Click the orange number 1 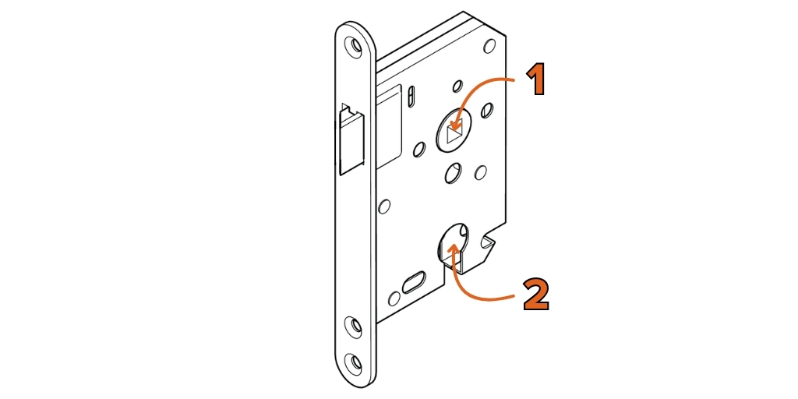click(535, 80)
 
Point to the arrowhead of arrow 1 click(454, 124)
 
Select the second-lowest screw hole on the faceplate click(353, 324)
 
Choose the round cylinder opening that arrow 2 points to click(453, 242)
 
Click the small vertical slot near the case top click(411, 96)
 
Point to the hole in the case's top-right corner click(489, 46)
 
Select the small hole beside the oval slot click(394, 298)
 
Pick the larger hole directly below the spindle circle click(452, 173)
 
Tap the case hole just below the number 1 click(486, 110)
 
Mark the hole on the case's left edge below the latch click(385, 207)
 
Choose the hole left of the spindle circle click(419, 149)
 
